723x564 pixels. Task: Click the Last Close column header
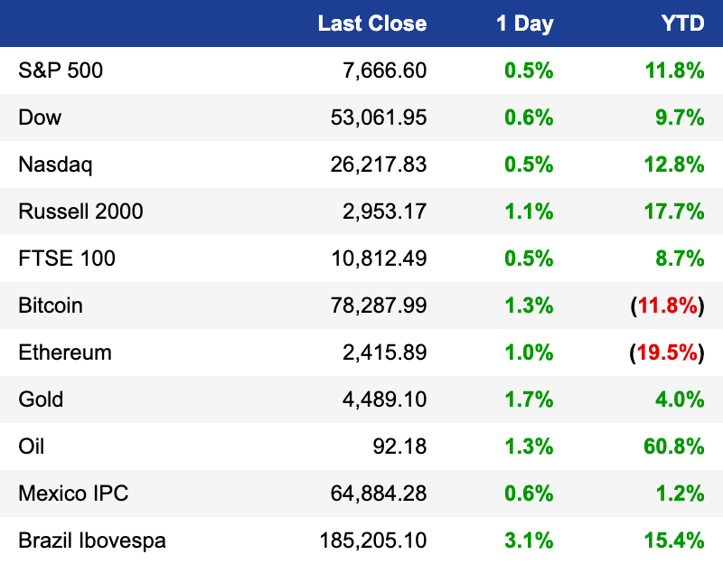372,23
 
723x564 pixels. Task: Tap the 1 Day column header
525,24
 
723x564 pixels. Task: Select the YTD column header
682,23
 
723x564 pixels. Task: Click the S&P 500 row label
61,70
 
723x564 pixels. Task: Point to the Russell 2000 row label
80,211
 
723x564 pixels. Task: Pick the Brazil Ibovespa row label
92,540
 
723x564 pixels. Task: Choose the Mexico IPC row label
73,493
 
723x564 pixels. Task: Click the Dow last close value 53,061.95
379,117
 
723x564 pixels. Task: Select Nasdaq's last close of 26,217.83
379,164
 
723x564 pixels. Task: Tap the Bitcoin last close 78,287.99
379,305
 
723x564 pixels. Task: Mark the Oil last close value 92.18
399,446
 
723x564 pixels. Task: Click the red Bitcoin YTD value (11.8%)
667,305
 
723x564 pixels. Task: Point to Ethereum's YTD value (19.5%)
667,352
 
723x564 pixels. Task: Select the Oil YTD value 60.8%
674,446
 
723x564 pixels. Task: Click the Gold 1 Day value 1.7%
529,399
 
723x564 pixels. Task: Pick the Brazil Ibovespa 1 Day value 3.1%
529,540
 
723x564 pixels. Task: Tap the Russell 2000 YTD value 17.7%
674,211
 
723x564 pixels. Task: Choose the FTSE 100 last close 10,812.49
379,258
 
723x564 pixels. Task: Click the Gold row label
41,399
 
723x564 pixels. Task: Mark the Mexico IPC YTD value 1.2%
681,493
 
